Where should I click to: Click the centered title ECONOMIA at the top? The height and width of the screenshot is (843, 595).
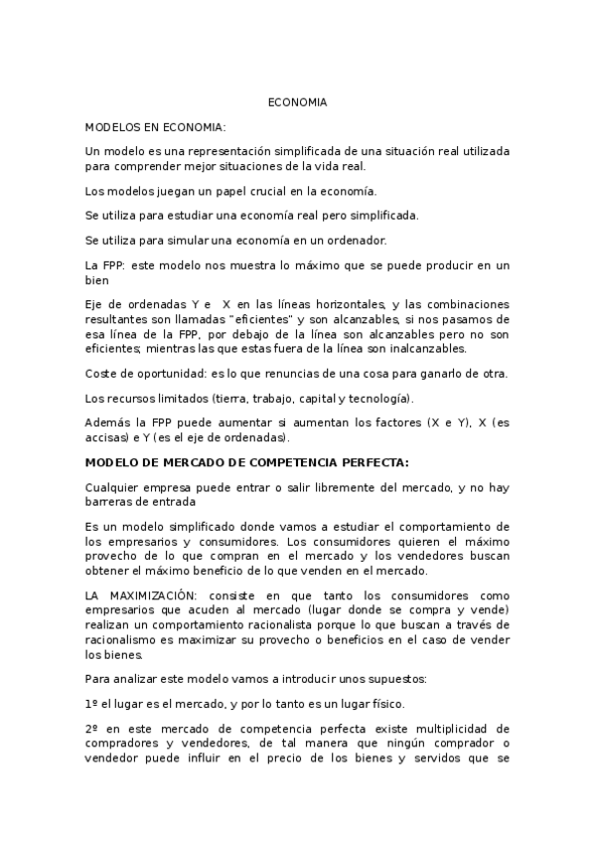(297, 102)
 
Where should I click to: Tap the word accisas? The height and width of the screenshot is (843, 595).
(108, 436)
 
